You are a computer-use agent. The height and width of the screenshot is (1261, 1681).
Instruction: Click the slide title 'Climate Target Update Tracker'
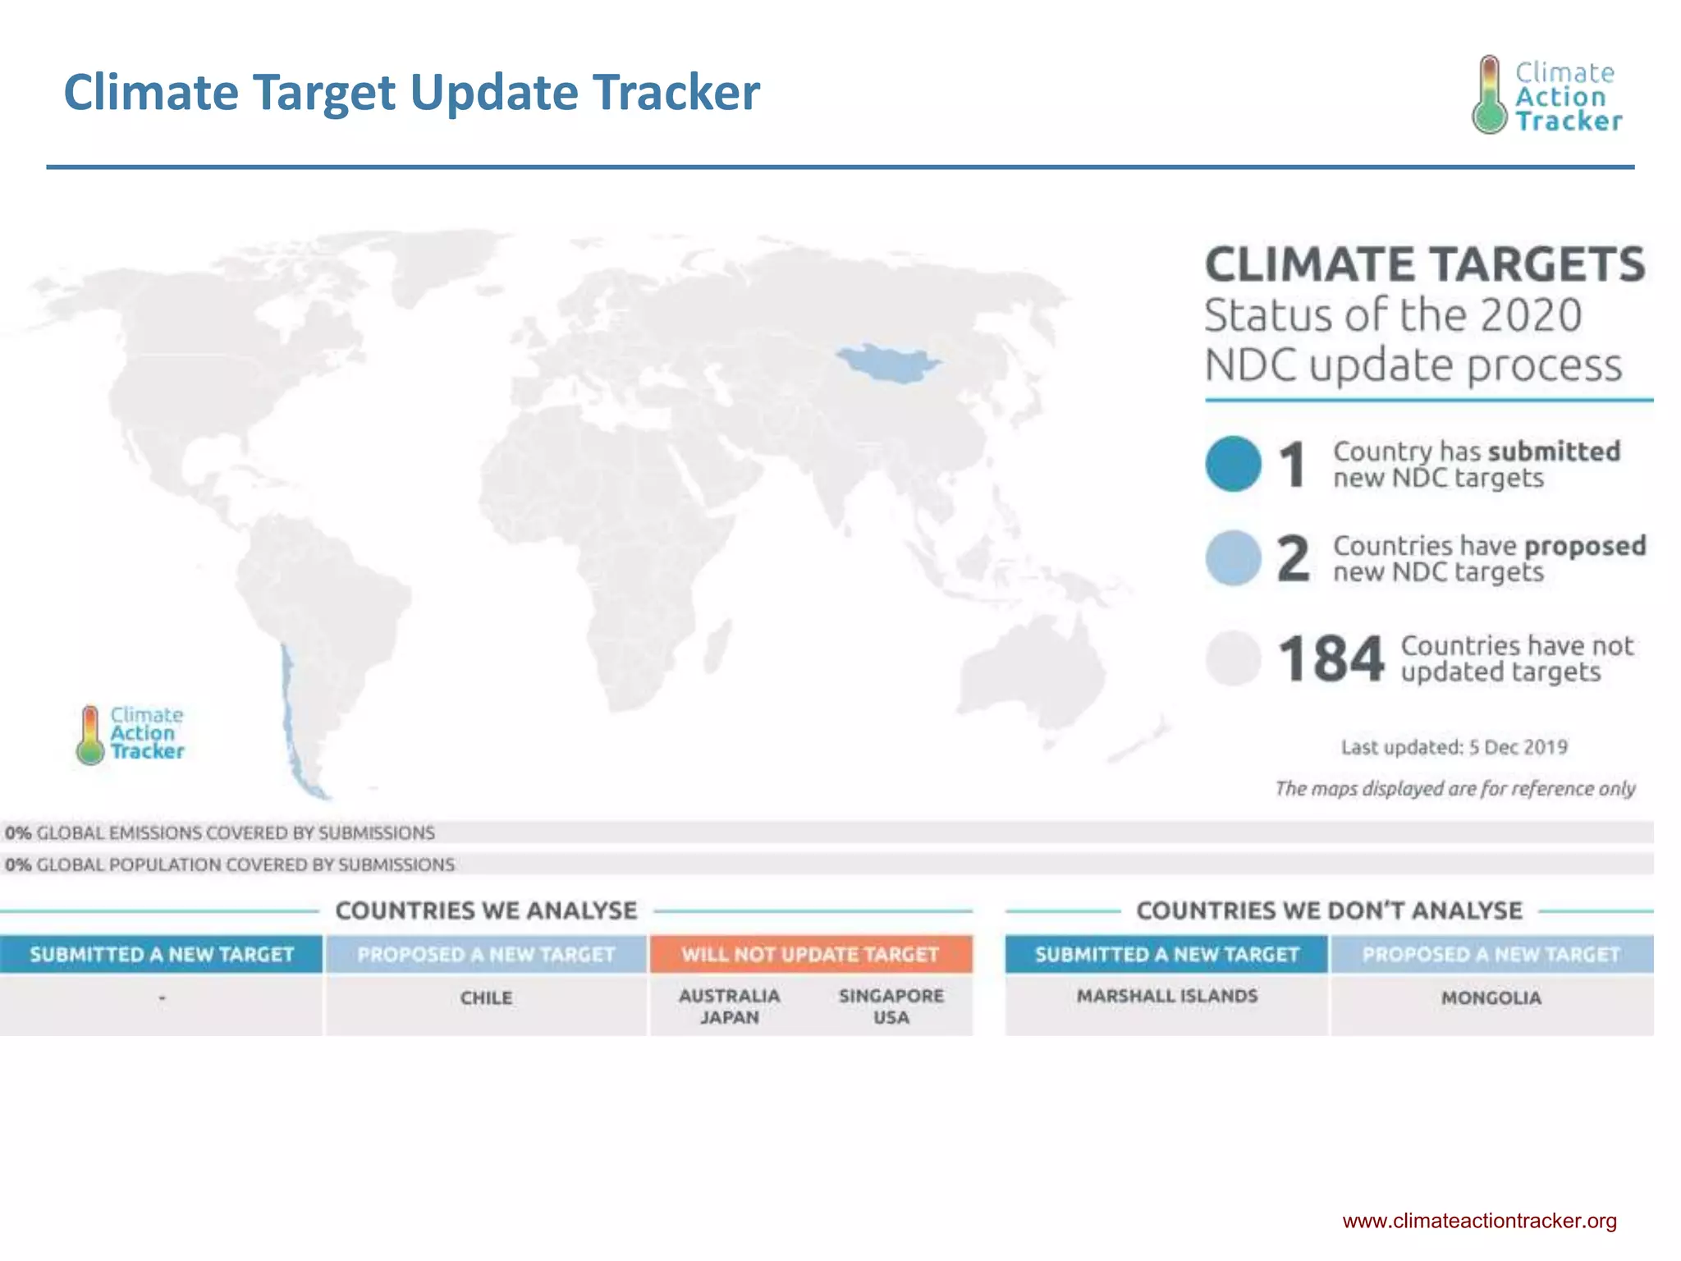pyautogui.click(x=411, y=92)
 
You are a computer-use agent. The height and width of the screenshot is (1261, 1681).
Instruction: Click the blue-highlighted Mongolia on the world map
pyautogui.click(x=888, y=363)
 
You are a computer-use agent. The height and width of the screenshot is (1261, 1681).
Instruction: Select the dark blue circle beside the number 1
pyautogui.click(x=1233, y=464)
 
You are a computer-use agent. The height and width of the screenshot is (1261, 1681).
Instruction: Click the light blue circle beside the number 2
pyautogui.click(x=1233, y=558)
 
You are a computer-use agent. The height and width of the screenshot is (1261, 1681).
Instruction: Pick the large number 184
pyautogui.click(x=1331, y=659)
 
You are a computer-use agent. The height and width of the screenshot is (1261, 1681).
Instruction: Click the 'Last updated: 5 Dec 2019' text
pyautogui.click(x=1454, y=747)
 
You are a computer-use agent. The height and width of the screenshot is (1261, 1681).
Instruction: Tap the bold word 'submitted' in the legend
pyautogui.click(x=1554, y=452)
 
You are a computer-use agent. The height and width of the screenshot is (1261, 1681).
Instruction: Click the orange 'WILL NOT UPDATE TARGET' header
pyautogui.click(x=810, y=954)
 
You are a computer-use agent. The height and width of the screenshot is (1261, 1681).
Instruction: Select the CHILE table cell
pyautogui.click(x=486, y=998)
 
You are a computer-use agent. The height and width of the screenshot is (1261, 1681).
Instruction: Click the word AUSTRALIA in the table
pyautogui.click(x=729, y=996)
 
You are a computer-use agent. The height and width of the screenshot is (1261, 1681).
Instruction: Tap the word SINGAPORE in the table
pyautogui.click(x=891, y=996)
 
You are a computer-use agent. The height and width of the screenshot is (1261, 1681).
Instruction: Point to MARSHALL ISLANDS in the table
pyautogui.click(x=1166, y=996)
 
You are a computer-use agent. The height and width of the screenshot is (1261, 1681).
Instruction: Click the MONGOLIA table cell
pyautogui.click(x=1491, y=998)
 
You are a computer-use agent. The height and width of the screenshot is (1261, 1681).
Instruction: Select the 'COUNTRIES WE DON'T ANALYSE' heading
pyautogui.click(x=1329, y=910)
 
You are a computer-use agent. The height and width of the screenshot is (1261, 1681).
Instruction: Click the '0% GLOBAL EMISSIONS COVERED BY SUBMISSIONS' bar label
pyautogui.click(x=220, y=832)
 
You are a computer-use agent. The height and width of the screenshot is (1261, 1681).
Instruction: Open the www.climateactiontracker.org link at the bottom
pyautogui.click(x=1479, y=1221)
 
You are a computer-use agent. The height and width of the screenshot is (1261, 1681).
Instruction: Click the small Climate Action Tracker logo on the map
pyautogui.click(x=131, y=735)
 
